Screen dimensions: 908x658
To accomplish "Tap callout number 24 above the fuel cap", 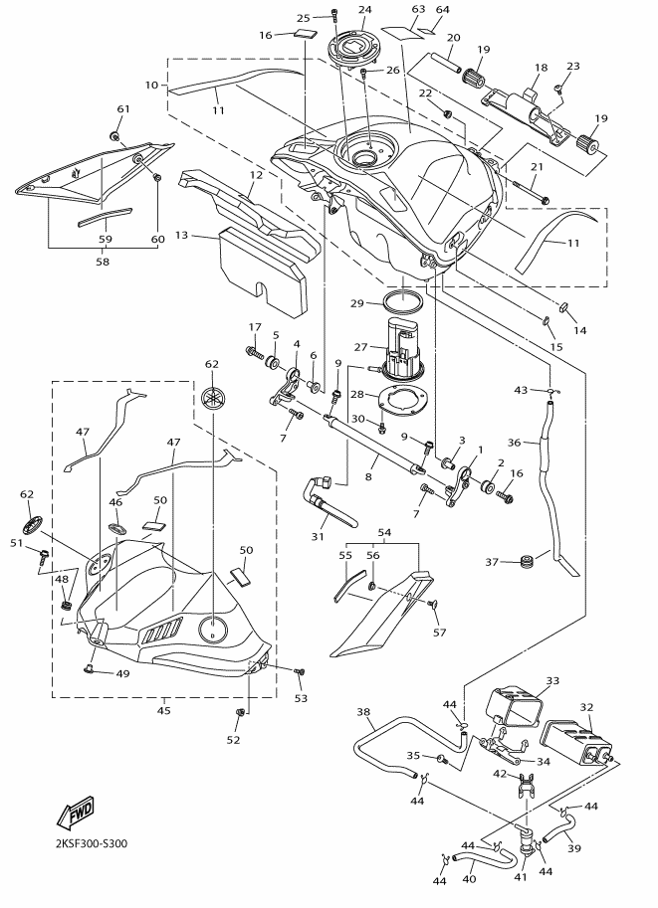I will tap(364, 10).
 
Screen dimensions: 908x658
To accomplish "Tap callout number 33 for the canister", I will tap(554, 681).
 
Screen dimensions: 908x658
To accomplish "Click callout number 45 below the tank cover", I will tap(164, 710).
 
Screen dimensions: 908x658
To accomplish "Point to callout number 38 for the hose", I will tap(363, 711).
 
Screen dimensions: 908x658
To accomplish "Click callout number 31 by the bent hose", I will tap(319, 537).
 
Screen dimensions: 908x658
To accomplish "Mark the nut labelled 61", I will tap(115, 134).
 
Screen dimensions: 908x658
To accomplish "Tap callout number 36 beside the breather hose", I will tap(514, 442).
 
